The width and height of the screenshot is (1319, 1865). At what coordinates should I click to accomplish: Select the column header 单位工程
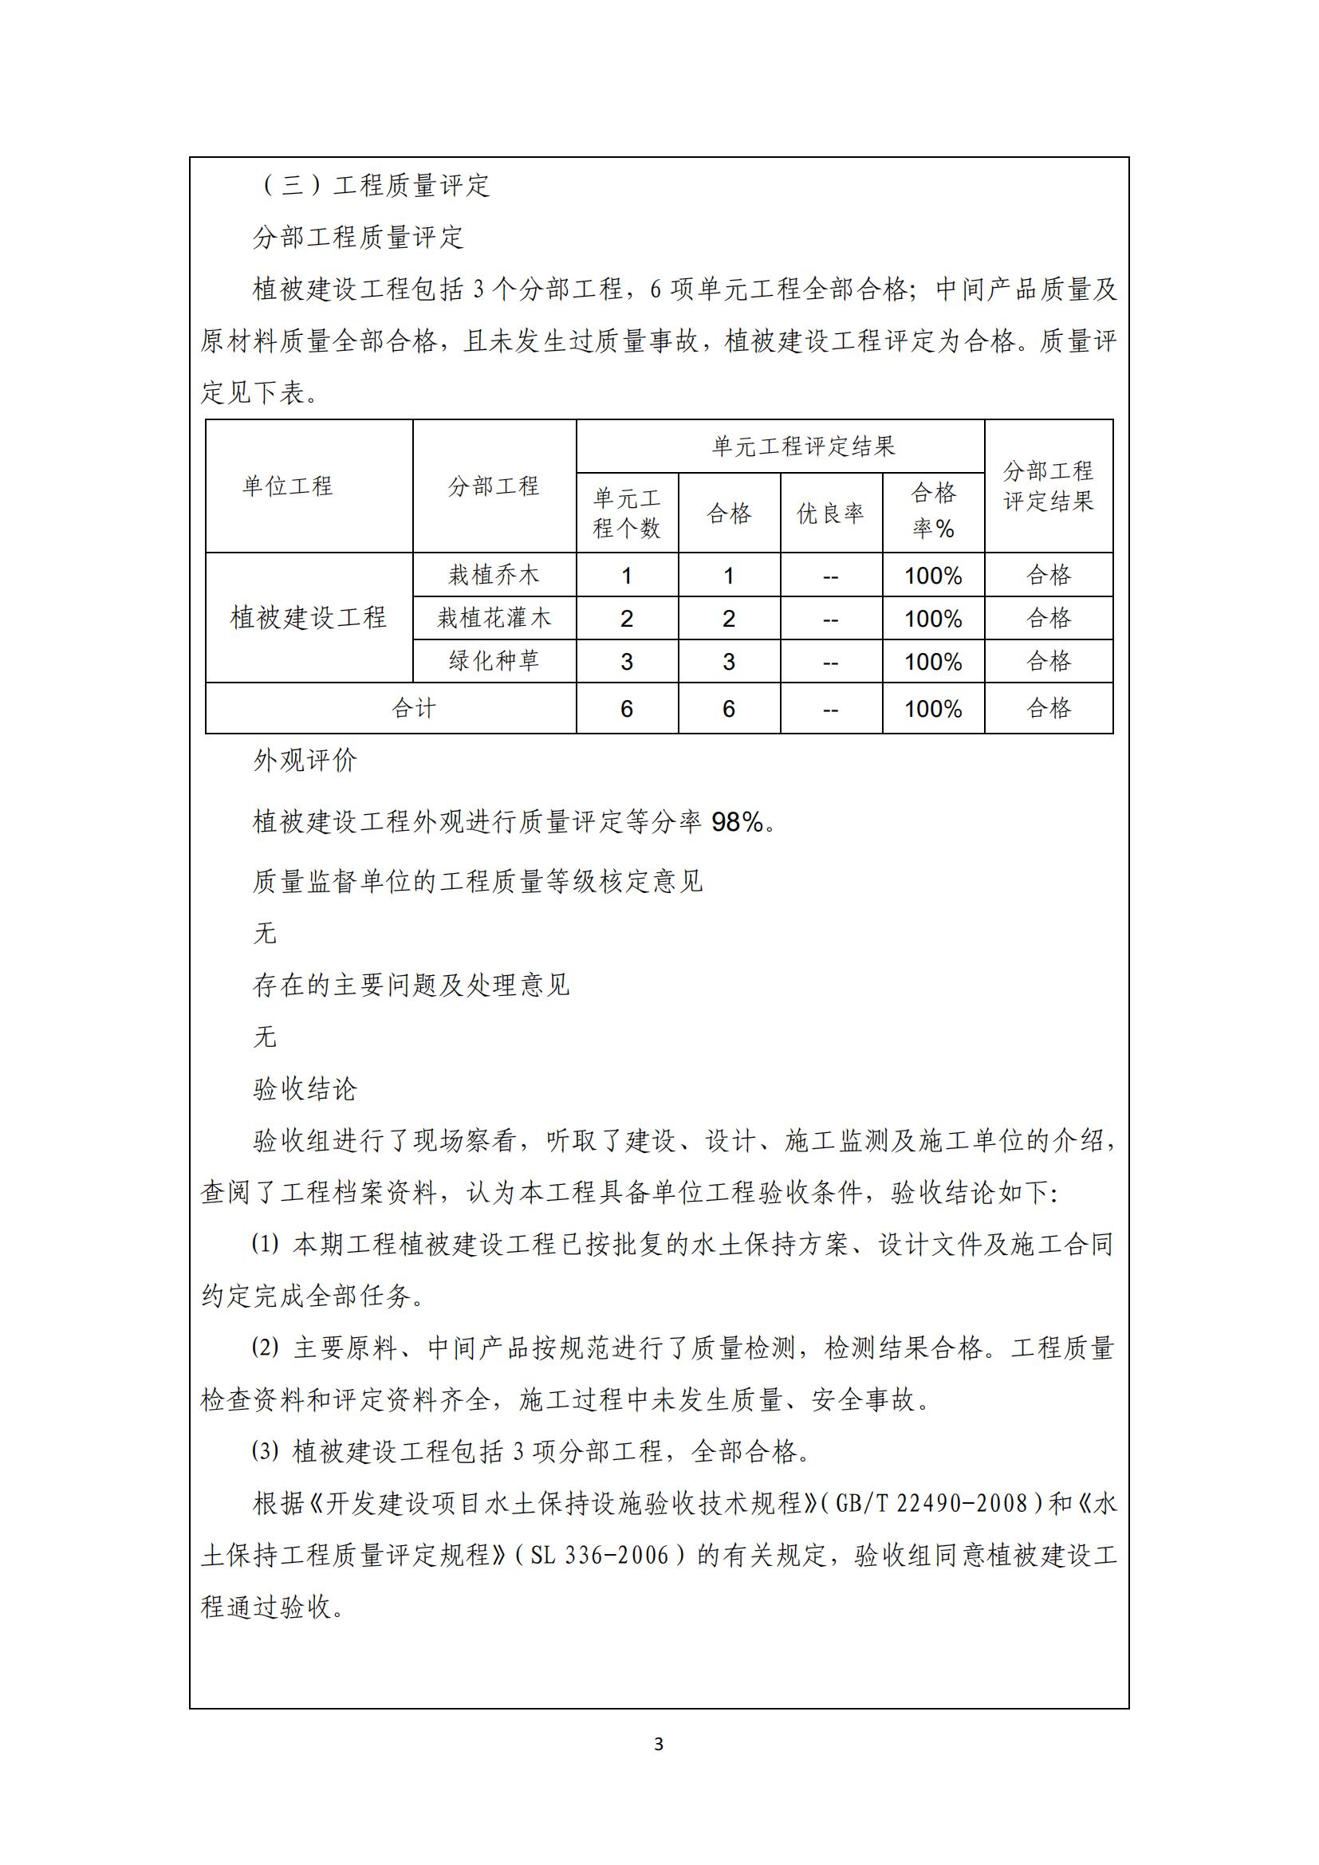pos(288,486)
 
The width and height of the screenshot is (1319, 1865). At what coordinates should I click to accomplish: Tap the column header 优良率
pos(830,513)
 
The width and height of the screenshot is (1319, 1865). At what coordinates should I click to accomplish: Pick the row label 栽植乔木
pos(494,575)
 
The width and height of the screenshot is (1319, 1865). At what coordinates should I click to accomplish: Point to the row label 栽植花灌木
pos(494,618)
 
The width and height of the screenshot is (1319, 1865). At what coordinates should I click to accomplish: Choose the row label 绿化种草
pos(494,661)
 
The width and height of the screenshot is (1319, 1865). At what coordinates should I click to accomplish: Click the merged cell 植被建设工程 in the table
pos(308,617)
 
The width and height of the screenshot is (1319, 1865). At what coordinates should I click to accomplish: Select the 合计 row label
pos(413,708)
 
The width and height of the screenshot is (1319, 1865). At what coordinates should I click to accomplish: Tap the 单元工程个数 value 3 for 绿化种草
pos(626,662)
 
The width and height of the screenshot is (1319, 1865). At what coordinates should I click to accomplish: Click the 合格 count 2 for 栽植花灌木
pos(729,619)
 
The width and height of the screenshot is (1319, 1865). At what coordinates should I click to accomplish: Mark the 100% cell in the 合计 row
pos(932,709)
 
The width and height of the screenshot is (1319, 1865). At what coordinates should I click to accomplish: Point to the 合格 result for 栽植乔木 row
pos(1048,575)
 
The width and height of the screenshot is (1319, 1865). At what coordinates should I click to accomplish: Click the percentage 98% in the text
pos(738,823)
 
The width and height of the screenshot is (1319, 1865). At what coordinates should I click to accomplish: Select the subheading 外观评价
pos(305,761)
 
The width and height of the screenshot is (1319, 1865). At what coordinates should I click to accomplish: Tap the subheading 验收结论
pos(305,1088)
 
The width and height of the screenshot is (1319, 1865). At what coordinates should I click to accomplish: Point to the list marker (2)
pos(265,1348)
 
